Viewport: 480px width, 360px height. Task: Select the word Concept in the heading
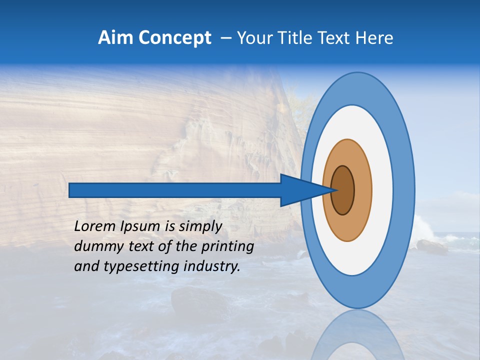(175, 38)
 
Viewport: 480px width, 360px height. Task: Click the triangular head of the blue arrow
(300, 190)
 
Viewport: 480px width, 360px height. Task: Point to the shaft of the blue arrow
(175, 190)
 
